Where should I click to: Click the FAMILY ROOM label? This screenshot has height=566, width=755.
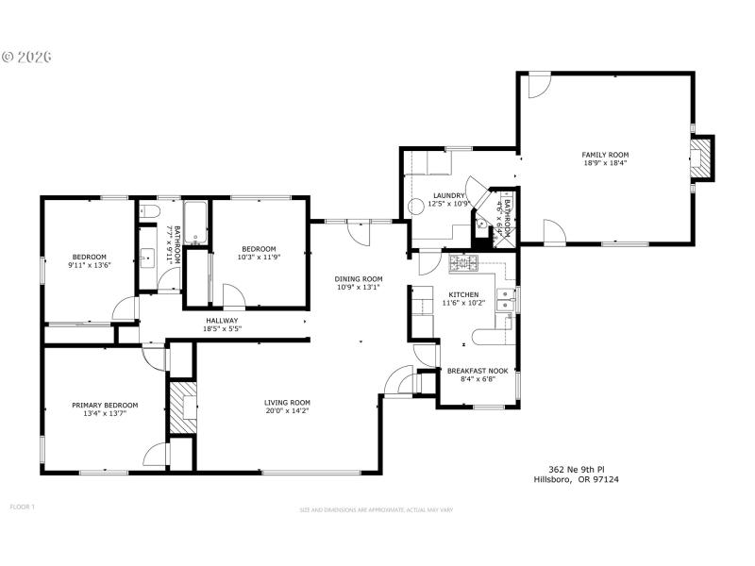tap(605, 155)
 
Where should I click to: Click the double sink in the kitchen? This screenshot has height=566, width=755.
tap(508, 300)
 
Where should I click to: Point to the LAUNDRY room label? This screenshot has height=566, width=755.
tap(448, 195)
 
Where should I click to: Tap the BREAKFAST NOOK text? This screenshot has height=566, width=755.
tap(477, 371)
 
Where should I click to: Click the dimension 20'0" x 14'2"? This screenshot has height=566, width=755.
tap(287, 410)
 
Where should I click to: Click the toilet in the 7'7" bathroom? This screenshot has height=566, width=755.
tap(149, 213)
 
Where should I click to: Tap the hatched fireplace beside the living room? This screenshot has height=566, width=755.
tap(181, 407)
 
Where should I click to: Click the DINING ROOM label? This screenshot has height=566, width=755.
tap(359, 279)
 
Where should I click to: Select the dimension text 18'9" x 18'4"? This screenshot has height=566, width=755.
tap(605, 163)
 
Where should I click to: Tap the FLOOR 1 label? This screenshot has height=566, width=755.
tap(22, 507)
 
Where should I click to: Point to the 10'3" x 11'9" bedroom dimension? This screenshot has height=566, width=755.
tap(258, 257)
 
